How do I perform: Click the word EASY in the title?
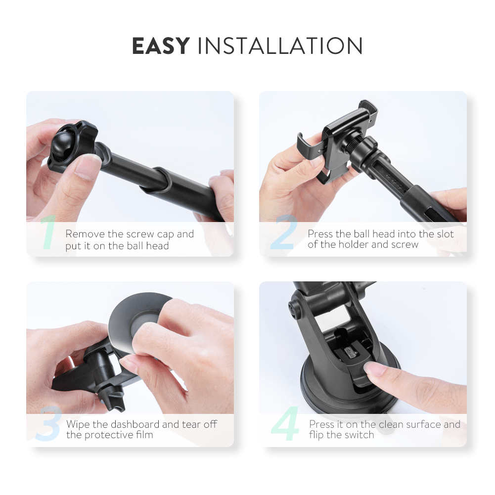tap(161, 46)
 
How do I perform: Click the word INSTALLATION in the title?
tap(280, 46)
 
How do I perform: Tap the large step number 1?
tap(48, 232)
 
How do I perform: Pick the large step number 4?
tap(285, 423)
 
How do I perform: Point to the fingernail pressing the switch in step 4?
tap(372, 368)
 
